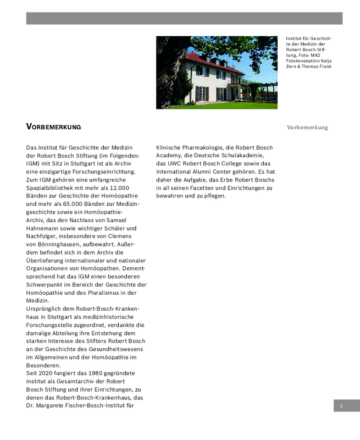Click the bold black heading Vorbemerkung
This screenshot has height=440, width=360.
click(53, 127)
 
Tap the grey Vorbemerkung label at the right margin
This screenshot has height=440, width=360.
click(307, 128)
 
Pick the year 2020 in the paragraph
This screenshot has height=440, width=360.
click(47, 373)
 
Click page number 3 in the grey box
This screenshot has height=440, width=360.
click(341, 406)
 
